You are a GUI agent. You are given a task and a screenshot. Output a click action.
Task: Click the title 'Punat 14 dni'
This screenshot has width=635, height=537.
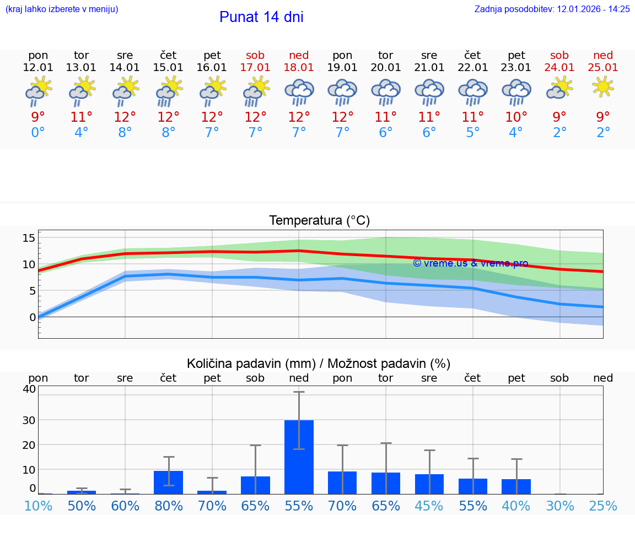tap(261, 17)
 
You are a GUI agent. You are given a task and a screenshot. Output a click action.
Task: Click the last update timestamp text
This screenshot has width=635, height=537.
tap(552, 9)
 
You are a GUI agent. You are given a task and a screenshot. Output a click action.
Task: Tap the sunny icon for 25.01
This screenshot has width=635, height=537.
tap(603, 86)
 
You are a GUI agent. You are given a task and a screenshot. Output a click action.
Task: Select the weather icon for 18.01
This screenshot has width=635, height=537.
tap(299, 92)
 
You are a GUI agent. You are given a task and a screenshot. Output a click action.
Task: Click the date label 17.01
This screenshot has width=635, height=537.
tap(255, 68)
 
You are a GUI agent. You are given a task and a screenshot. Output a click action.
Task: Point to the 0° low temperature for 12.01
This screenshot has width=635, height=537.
tap(38, 133)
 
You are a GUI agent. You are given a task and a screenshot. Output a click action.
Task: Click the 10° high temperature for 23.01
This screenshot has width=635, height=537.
tap(516, 117)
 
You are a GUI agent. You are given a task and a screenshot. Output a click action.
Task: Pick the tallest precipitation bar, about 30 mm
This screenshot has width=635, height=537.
tap(299, 457)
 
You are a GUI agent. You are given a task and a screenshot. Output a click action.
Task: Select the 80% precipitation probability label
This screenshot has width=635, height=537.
tap(169, 506)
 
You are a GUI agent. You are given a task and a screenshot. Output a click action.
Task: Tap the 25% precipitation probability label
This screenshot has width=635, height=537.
tap(603, 506)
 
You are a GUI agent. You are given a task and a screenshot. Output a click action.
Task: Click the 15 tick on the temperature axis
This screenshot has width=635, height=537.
tap(29, 238)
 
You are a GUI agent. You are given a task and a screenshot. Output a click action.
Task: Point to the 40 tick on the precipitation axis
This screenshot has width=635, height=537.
tap(29, 389)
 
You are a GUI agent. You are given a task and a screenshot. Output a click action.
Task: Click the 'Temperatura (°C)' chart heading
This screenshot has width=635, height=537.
tap(319, 221)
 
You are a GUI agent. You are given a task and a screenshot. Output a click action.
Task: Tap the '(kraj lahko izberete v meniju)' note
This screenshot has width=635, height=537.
tap(61, 9)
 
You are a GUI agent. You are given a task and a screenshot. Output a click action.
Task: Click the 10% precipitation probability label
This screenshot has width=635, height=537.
tap(38, 506)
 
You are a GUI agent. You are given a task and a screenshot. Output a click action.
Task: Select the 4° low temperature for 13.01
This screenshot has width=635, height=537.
tap(82, 133)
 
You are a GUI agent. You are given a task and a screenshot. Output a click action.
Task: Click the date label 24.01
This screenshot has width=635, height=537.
tap(559, 68)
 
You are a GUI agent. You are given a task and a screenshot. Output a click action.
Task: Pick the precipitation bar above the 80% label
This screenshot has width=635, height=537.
tap(169, 482)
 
